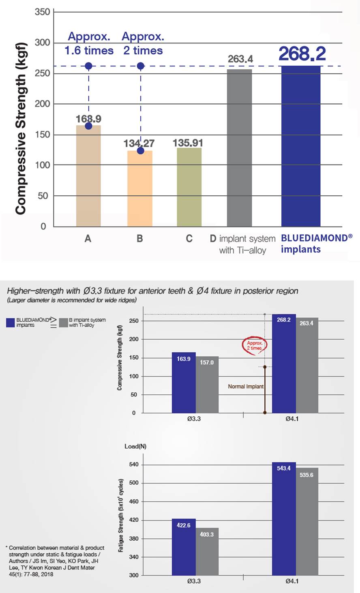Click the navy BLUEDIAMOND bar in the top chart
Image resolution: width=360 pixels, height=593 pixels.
[301, 146]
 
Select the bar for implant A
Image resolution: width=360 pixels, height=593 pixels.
[88, 176]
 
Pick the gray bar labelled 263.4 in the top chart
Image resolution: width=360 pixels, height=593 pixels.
[239, 148]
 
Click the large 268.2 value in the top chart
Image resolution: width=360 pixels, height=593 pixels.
[302, 54]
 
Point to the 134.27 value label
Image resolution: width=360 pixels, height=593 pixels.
[139, 143]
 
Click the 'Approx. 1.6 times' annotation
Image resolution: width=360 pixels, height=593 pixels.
[89, 43]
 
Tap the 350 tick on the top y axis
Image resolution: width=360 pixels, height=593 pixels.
[43, 12]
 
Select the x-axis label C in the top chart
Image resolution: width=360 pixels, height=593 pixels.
[189, 238]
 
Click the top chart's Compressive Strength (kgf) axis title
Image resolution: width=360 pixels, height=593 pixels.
[21, 128]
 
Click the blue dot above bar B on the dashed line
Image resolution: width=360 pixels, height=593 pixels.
[140, 66]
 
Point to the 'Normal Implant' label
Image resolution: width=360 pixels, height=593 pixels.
[246, 387]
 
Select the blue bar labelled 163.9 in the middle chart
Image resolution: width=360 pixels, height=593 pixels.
[184, 383]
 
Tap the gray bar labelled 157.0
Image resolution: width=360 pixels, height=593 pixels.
[207, 385]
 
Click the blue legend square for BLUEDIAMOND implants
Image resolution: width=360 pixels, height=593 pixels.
[11, 322]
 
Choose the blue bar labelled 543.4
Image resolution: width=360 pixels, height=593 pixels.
[284, 519]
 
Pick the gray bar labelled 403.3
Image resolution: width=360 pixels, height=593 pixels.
[207, 551]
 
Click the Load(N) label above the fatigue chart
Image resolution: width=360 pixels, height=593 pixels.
[135, 446]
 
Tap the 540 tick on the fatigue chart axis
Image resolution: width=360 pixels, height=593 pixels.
[134, 465]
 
